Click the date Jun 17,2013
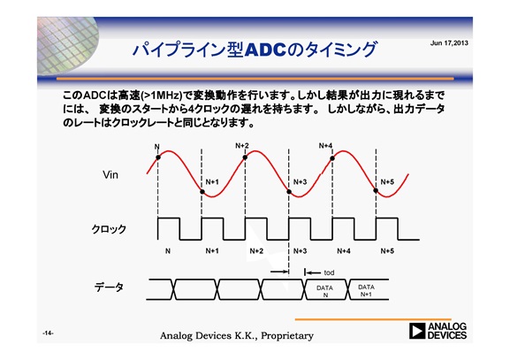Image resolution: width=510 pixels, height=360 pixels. pyautogui.click(x=449, y=43)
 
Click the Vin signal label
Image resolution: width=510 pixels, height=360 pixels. pyautogui.click(x=110, y=175)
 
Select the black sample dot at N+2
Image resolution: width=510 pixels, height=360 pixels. pyautogui.click(x=245, y=157)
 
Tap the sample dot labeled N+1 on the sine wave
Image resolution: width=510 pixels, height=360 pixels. pyautogui.click(x=202, y=192)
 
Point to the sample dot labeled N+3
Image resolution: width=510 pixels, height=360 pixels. pyautogui.click(x=289, y=192)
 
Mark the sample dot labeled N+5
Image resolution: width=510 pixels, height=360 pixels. pyautogui.click(x=376, y=190)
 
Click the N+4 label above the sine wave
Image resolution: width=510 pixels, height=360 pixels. pyautogui.click(x=325, y=146)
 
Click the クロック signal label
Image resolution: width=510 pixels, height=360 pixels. pyautogui.click(x=109, y=229)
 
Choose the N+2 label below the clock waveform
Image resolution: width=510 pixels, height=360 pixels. pyautogui.click(x=256, y=251)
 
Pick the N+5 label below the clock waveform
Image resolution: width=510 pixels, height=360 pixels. pyautogui.click(x=387, y=251)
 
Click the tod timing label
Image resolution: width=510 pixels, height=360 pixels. pyautogui.click(x=329, y=272)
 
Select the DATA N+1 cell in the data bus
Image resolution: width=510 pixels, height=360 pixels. pyautogui.click(x=367, y=289)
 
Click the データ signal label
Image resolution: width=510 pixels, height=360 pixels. pyautogui.click(x=109, y=287)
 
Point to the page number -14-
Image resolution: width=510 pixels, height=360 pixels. pyautogui.click(x=48, y=333)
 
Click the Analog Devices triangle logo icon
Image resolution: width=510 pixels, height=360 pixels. pyautogui.click(x=417, y=332)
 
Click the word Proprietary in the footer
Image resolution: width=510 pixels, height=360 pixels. pyautogui.click(x=287, y=336)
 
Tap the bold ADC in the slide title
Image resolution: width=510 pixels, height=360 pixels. pyautogui.click(x=266, y=50)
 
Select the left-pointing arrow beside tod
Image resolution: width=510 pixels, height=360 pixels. pyautogui.click(x=313, y=272)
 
